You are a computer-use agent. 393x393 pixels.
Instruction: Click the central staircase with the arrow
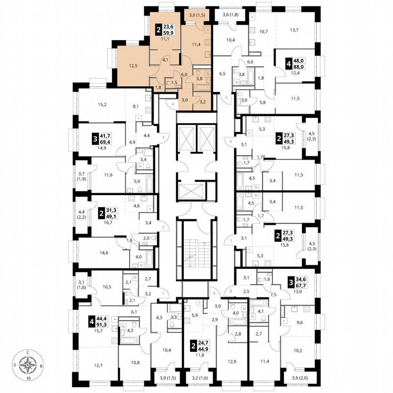[x=196, y=251]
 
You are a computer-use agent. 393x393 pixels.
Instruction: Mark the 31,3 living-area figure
[x=111, y=210]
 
